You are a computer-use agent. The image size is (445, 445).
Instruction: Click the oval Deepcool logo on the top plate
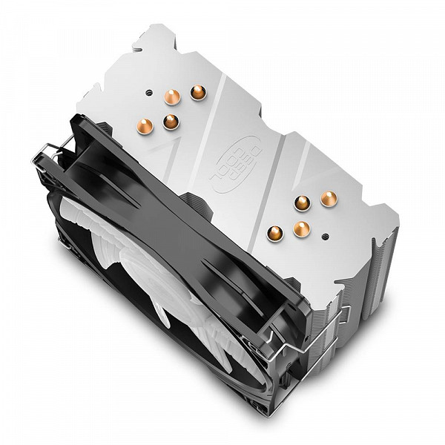tap(234, 164)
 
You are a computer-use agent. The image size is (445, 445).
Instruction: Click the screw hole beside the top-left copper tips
tap(148, 93)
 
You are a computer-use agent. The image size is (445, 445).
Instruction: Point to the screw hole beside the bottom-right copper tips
tap(326, 236)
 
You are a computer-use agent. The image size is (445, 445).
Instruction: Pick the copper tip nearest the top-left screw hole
tap(173, 97)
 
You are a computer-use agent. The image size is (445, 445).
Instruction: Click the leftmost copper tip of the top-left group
tap(145, 126)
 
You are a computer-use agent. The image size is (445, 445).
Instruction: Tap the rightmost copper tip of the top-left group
tap(198, 93)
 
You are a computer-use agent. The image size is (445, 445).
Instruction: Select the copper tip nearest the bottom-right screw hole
tap(301, 228)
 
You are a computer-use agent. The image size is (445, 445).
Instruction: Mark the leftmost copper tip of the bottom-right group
tap(274, 234)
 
